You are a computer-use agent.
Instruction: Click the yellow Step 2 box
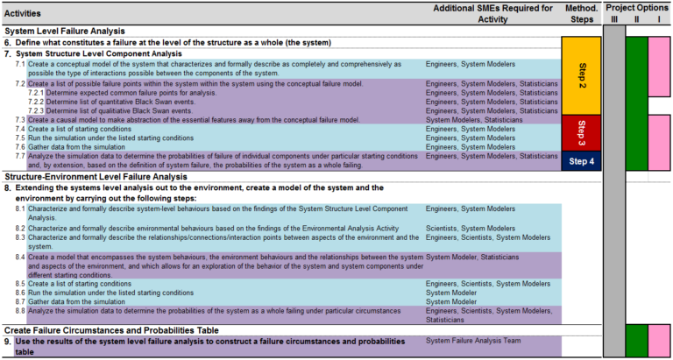pyautogui.click(x=581, y=75)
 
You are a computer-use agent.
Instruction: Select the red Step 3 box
pyautogui.click(x=581, y=133)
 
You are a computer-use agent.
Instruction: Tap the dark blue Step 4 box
pyautogui.click(x=581, y=160)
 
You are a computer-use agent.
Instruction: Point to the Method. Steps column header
pyautogui.click(x=582, y=14)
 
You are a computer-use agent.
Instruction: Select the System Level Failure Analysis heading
pyautogui.click(x=67, y=30)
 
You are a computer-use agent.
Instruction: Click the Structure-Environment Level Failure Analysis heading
pyautogui.click(x=98, y=176)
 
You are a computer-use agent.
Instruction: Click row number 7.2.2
pyautogui.click(x=36, y=102)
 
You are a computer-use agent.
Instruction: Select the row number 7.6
pyautogui.click(x=20, y=146)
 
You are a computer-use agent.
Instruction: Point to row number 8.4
pyautogui.click(x=20, y=257)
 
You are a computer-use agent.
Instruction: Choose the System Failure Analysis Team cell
pyautogui.click(x=472, y=341)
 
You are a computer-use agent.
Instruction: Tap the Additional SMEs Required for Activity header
pyautogui.click(x=493, y=14)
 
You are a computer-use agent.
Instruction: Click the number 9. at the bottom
pyautogui.click(x=8, y=341)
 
